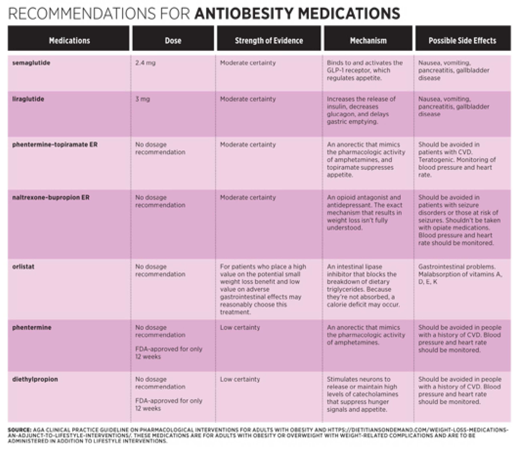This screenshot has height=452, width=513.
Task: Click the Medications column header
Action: (69, 40)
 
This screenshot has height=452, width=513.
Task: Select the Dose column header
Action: (173, 40)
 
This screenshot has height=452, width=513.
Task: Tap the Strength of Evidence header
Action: (269, 41)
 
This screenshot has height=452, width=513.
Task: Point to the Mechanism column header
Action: (368, 40)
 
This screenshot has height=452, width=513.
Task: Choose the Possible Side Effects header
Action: (462, 40)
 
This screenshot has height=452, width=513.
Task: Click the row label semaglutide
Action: (31, 63)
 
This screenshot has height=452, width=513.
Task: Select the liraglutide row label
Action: (28, 99)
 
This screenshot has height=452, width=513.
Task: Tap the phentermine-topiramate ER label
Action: (55, 145)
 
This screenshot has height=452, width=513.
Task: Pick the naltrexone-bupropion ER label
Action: (51, 197)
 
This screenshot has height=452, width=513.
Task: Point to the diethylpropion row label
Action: (35, 379)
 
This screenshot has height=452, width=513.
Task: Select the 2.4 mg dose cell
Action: (145, 63)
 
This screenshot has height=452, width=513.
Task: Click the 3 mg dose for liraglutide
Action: (142, 99)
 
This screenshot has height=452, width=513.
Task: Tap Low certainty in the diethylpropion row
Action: (240, 379)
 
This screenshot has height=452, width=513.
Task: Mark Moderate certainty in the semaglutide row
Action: (248, 63)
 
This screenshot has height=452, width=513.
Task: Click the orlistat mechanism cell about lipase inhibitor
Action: (363, 286)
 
